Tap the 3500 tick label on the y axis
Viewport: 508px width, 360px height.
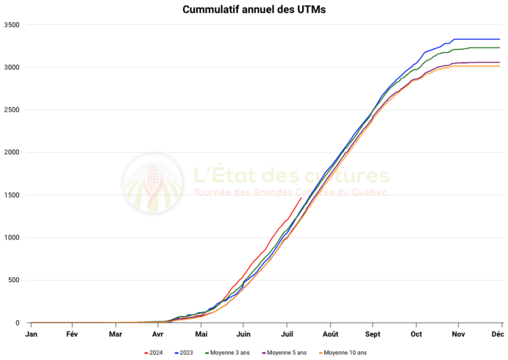(x=13, y=25)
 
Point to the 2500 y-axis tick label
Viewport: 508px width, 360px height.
(x=13, y=110)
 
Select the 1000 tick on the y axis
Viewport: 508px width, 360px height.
(x=13, y=238)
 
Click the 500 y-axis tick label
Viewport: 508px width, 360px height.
(x=15, y=280)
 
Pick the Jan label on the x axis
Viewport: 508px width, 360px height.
(x=31, y=334)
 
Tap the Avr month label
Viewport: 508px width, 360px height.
(x=158, y=334)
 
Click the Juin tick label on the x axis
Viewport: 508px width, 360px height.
(x=244, y=334)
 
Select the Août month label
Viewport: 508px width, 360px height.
(x=331, y=334)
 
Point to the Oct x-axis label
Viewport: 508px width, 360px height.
(x=416, y=334)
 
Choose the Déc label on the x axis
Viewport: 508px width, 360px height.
(x=498, y=334)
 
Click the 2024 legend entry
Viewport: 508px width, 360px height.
(x=154, y=353)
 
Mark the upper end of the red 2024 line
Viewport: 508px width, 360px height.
(x=301, y=198)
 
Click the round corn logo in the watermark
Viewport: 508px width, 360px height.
(x=152, y=183)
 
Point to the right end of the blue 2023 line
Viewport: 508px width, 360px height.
(x=499, y=39)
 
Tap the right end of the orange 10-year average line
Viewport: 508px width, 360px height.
(x=499, y=66)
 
